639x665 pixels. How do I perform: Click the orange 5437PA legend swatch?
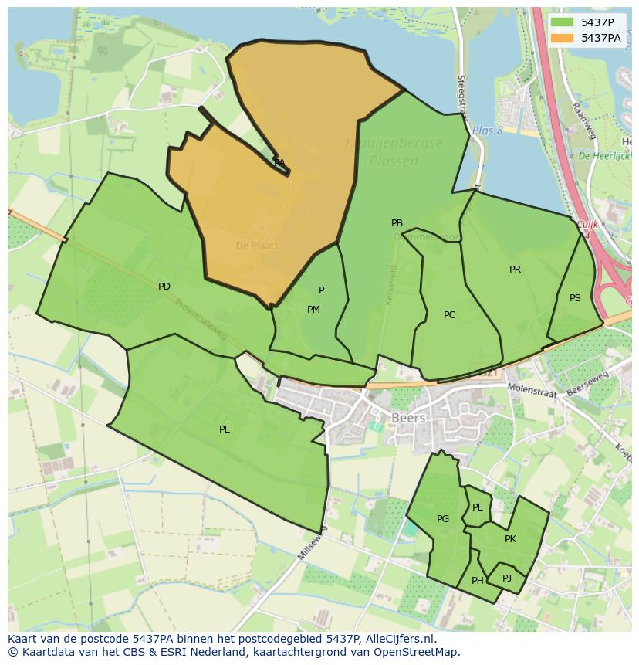coord(563,38)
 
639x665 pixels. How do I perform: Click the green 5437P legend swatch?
coord(563,22)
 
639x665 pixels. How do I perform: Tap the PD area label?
coord(164,287)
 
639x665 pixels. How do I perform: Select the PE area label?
coord(225,429)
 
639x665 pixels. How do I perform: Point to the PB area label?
coord(397,223)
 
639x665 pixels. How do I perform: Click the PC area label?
coord(450,315)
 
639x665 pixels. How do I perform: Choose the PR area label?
coord(515,270)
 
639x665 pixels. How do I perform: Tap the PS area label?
coord(575,298)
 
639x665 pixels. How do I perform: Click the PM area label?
coord(313,310)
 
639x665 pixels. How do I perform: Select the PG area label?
coord(443,519)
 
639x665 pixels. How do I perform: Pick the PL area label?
coord(478,507)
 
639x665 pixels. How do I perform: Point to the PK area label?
coord(510,539)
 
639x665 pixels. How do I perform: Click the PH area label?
coord(478,581)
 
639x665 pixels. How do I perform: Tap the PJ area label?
coord(507,578)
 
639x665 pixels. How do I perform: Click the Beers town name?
coord(409,417)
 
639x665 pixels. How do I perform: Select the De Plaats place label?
coord(257,246)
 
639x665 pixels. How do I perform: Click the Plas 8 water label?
coord(487,131)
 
